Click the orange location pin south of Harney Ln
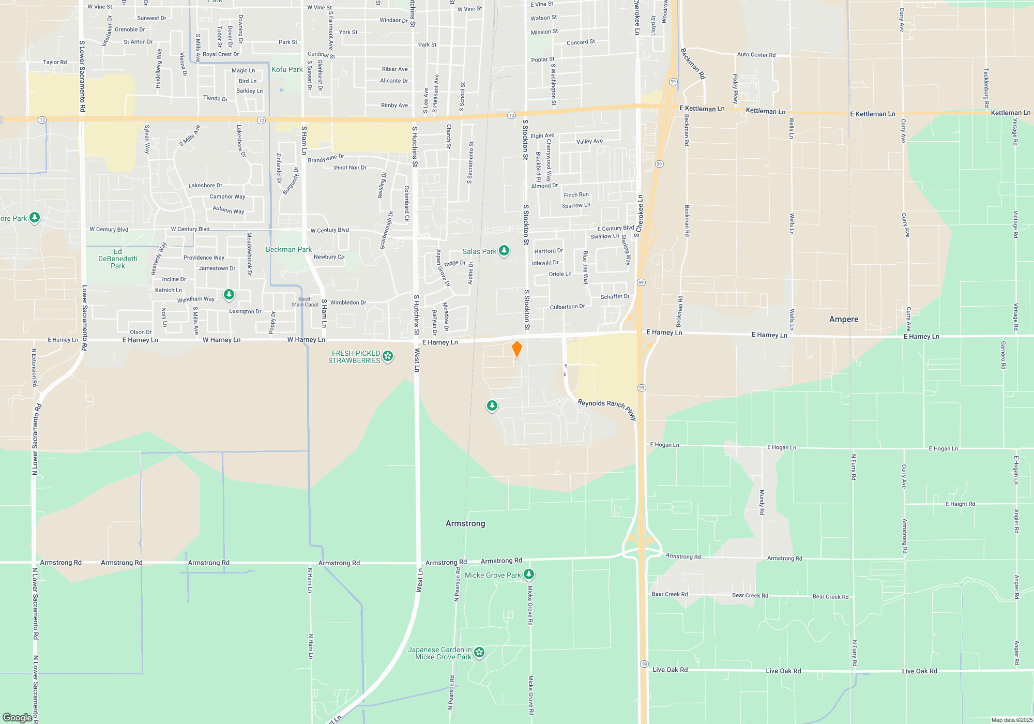coord(516,349)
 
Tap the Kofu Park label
coord(287,69)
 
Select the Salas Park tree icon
coord(504,251)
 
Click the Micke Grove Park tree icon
coord(528,574)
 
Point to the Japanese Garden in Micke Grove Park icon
coord(479,653)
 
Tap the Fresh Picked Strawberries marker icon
coord(388,356)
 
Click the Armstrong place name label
coord(465,523)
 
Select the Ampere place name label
coord(844,319)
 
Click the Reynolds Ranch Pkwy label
coord(607,408)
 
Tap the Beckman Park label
coord(288,249)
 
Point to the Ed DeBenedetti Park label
coord(118,259)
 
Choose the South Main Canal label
coord(305,302)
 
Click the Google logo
coord(18,717)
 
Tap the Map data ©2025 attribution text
coord(1011,720)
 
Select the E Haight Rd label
coord(960,504)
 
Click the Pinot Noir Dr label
coord(350,168)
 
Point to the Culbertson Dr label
coord(567,307)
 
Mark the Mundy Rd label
coord(762,502)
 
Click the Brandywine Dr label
coord(326,158)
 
